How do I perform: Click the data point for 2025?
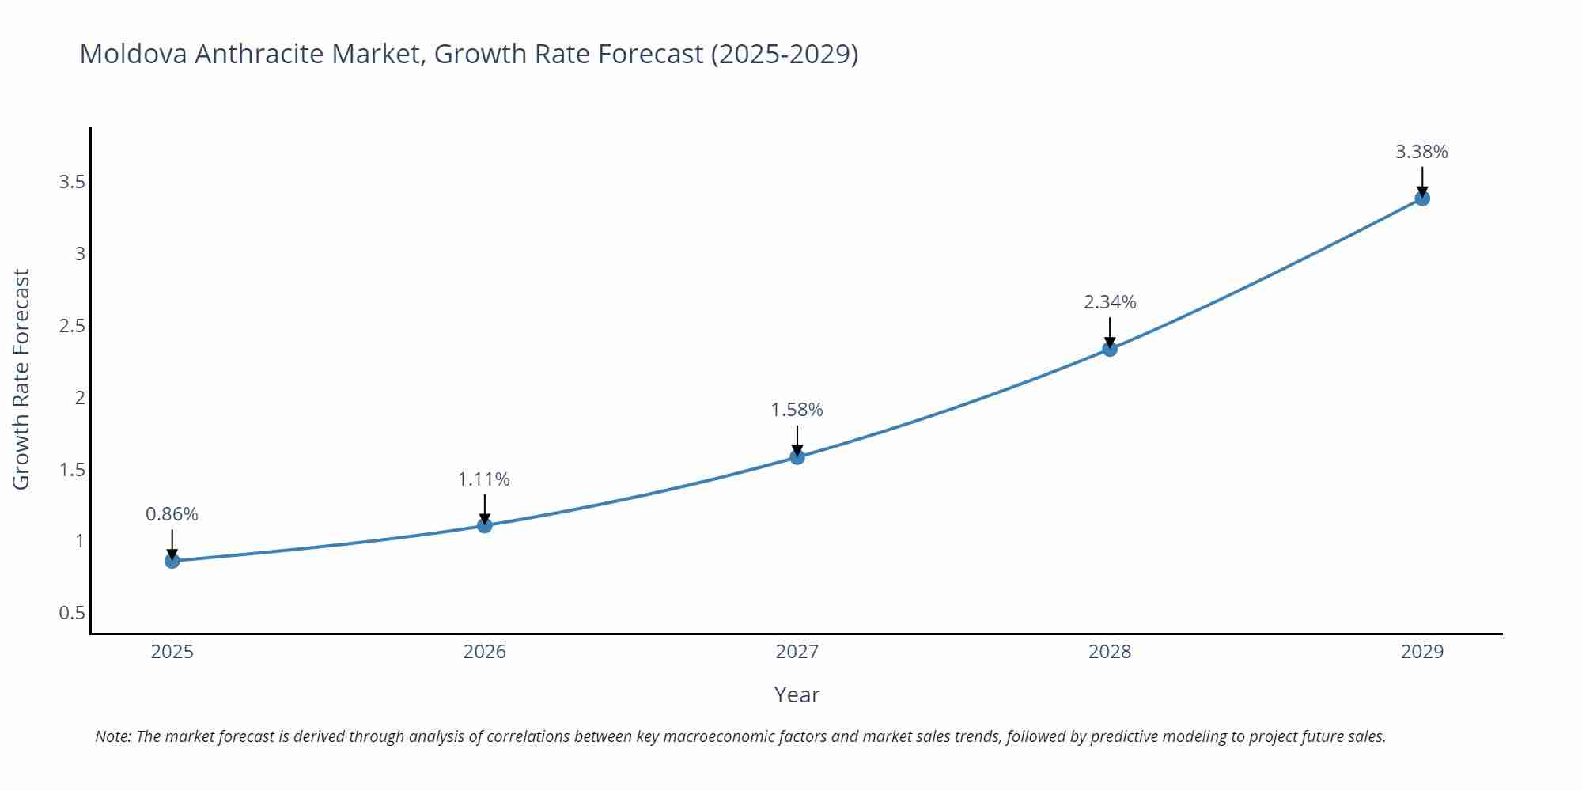172,561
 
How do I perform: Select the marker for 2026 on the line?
485,525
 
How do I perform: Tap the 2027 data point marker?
797,456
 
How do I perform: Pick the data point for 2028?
1110,349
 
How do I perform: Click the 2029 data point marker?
1422,199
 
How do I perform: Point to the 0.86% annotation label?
172,514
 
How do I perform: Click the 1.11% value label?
484,479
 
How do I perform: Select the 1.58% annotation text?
797,410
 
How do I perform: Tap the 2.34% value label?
1110,302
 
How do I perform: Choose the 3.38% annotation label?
1421,152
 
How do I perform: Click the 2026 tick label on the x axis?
484,652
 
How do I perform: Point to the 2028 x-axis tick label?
1110,652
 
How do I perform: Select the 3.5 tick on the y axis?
72,183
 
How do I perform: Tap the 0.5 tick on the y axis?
72,613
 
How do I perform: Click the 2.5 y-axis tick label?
72,326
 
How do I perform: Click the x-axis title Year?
797,694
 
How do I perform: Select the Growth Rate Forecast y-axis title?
21,379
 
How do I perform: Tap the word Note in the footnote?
112,736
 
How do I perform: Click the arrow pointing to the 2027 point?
797,440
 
